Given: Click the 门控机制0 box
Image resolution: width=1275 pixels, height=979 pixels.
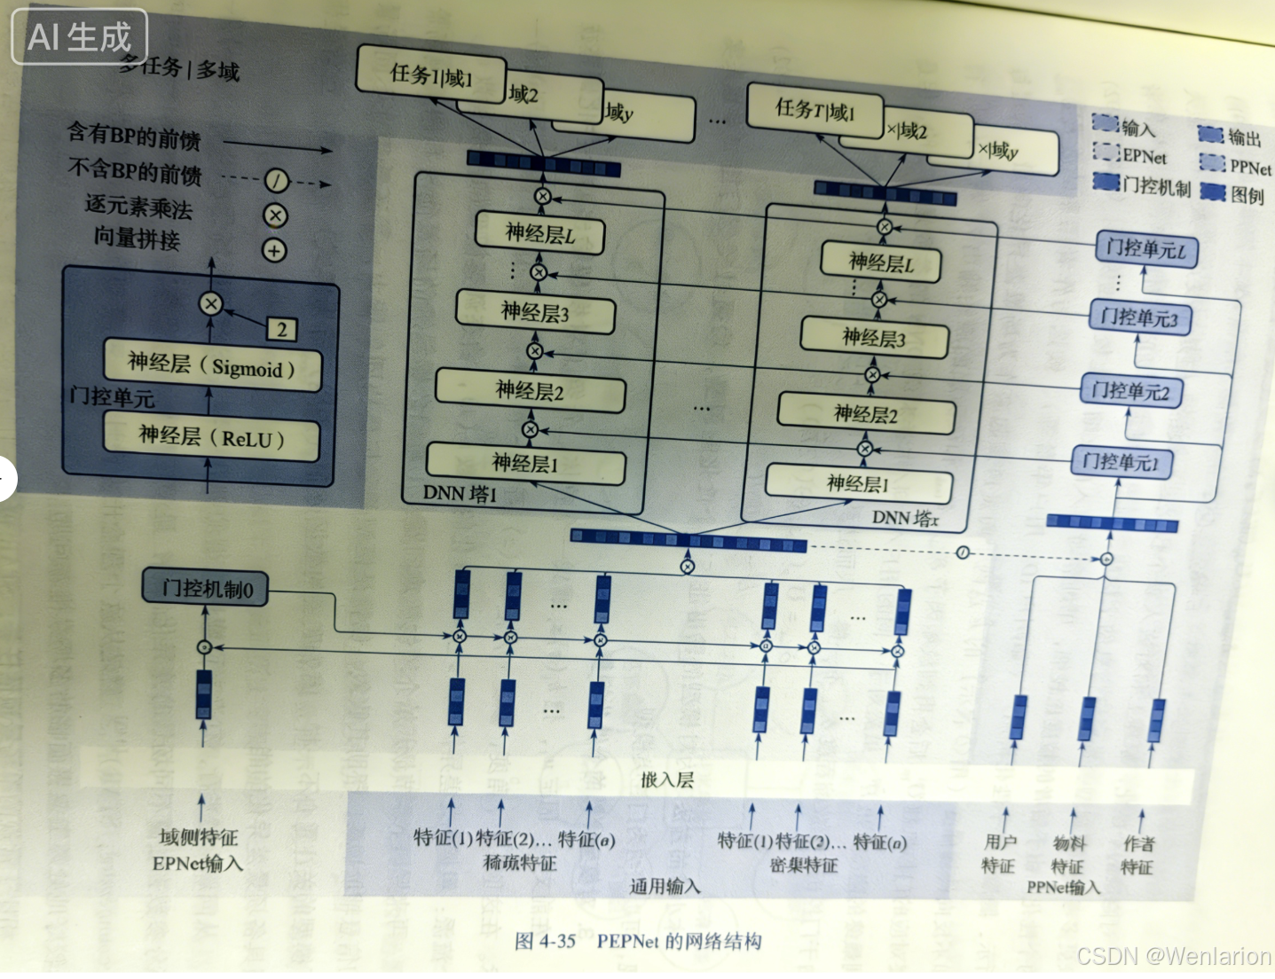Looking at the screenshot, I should (205, 588).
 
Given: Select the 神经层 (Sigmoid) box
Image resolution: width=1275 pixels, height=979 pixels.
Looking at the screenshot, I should (212, 365).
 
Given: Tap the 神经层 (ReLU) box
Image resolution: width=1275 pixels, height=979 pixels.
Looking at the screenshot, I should (211, 438).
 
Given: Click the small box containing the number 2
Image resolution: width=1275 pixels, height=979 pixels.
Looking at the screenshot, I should (281, 330).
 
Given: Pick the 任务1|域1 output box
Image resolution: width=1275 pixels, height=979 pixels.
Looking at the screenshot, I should (430, 75).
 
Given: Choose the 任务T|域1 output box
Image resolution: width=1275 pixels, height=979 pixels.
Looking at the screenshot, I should (815, 110).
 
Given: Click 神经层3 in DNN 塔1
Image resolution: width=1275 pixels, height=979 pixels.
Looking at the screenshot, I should (535, 312).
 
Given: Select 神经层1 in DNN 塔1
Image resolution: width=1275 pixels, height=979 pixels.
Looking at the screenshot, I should (525, 463).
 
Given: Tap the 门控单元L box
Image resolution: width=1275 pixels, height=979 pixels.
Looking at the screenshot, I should (1146, 249).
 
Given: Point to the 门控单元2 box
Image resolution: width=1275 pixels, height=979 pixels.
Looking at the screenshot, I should (1130, 391).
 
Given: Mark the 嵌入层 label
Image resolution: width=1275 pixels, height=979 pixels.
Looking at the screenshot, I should (667, 780).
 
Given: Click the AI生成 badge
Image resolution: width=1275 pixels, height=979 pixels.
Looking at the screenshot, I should (79, 37).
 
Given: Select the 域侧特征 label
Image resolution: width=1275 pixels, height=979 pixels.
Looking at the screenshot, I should (199, 837).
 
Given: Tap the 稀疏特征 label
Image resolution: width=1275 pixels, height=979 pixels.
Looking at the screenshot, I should (520, 863).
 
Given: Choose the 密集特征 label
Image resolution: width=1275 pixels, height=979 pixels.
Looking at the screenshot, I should (804, 865).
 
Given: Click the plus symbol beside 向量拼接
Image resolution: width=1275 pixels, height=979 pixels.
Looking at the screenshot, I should (274, 251).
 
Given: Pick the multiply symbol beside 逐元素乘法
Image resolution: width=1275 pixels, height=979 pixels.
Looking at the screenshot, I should (275, 215).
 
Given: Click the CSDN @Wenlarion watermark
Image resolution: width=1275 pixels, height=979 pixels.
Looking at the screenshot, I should (1173, 956).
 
